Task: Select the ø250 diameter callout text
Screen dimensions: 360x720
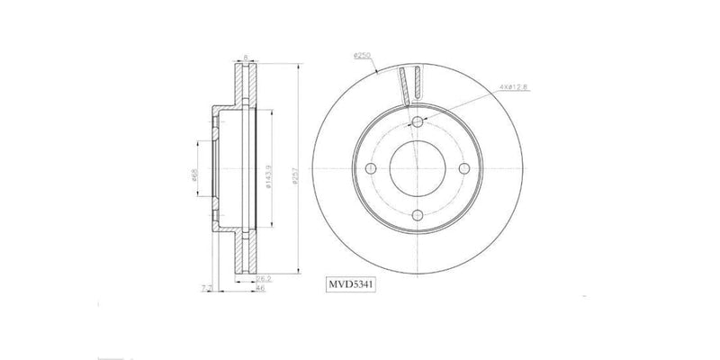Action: click(x=362, y=56)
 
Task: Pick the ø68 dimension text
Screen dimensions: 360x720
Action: click(x=195, y=176)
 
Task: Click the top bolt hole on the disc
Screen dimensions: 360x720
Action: click(x=418, y=123)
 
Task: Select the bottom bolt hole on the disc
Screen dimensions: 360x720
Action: click(x=418, y=215)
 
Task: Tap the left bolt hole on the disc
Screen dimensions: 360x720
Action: click(x=372, y=169)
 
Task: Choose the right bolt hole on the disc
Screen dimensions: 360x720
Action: click(x=463, y=169)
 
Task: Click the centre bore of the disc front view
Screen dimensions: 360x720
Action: click(x=418, y=169)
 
